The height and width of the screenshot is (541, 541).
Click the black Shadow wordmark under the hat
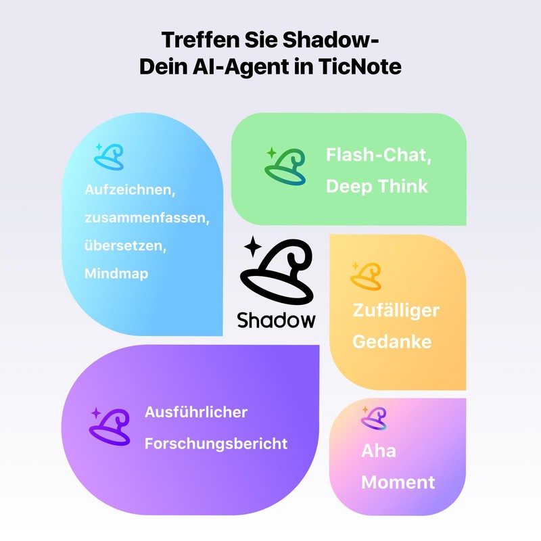point(276,319)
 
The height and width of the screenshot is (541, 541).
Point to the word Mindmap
point(116,273)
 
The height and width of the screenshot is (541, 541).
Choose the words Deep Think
point(377,186)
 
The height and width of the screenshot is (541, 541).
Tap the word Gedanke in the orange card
point(392,341)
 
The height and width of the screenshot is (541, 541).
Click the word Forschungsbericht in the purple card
point(216,444)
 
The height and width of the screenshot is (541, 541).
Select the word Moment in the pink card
point(398,482)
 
